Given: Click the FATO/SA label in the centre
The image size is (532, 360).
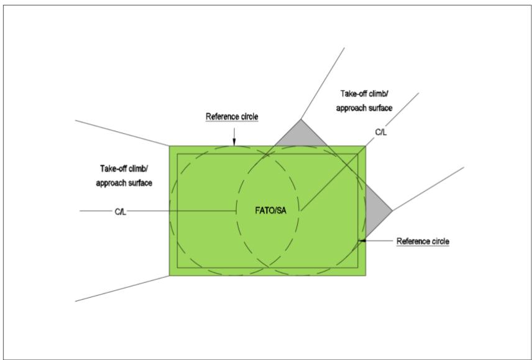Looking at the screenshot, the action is (270, 211).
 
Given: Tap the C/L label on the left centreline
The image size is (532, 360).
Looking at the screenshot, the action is (121, 212).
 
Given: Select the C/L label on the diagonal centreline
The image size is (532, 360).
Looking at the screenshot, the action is (381, 132).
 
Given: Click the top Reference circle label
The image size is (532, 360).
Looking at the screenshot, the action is (232, 116).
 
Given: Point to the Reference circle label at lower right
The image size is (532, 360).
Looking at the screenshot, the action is (423, 241).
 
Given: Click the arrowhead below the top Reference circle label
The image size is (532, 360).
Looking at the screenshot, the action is (234, 142).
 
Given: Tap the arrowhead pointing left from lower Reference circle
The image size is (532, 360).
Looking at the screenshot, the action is (362, 241).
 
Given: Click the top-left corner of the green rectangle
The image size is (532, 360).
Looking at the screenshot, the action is (169, 146).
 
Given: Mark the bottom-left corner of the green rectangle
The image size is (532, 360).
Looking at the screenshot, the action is (169, 275).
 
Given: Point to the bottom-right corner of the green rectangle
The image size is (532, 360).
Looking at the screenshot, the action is (365, 275).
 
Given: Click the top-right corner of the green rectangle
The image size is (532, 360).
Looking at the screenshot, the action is (365, 146).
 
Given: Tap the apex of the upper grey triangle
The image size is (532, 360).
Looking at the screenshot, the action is (301, 119).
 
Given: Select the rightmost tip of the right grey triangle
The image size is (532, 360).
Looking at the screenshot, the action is (393, 211).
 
